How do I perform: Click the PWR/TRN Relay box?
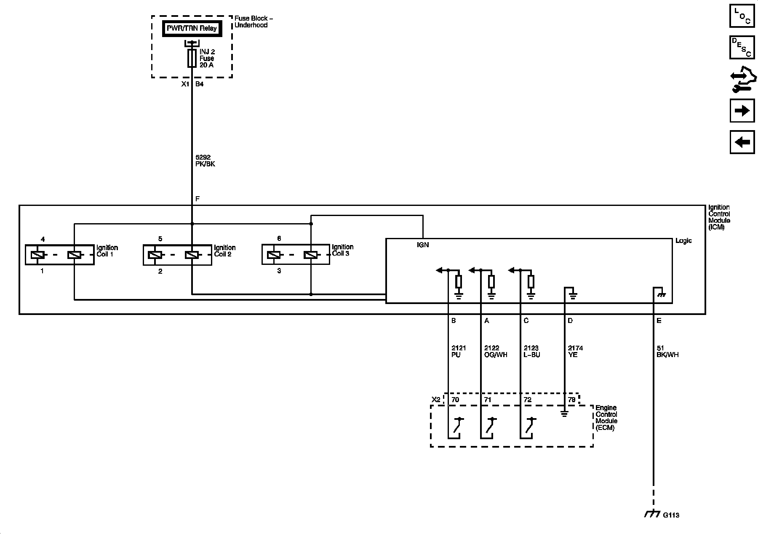[x=192, y=29]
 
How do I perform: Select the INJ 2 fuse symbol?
[x=192, y=58]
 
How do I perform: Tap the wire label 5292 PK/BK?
[x=205, y=160]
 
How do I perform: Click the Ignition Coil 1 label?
[x=107, y=251]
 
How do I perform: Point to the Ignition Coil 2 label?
[x=224, y=251]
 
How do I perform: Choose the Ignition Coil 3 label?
[x=342, y=250]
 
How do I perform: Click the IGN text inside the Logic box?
[x=422, y=245]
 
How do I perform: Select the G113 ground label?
[x=671, y=515]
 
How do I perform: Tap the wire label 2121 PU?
[x=458, y=351]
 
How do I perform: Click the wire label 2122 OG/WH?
[x=496, y=351]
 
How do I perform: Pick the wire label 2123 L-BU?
[x=531, y=351]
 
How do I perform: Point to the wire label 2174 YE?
[x=575, y=351]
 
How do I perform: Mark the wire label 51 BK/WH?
[x=667, y=351]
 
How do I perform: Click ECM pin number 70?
[x=455, y=400]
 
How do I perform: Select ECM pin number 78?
[x=571, y=400]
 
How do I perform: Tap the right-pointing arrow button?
[x=742, y=111]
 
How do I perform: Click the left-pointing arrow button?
[x=742, y=142]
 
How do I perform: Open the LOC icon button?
[x=742, y=16]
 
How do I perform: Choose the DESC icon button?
[x=742, y=47]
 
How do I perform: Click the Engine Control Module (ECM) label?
[x=606, y=418]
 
